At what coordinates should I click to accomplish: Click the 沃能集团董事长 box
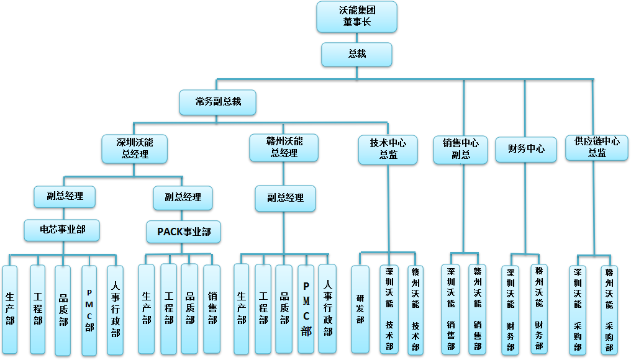coord(356,17)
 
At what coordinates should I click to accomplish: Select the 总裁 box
coord(356,54)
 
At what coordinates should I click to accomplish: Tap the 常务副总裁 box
coord(217,102)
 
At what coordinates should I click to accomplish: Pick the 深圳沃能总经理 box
coord(134,148)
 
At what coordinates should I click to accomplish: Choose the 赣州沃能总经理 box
coord(284,148)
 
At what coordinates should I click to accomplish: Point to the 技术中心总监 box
coord(388,150)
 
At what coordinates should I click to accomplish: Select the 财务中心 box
coord(525,150)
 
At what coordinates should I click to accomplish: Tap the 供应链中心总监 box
coord(596,148)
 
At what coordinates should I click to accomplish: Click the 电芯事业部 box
coord(62,230)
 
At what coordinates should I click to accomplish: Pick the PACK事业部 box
coord(183,232)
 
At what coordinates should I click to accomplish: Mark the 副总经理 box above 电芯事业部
coord(65,196)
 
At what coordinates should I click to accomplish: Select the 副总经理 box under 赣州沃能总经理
coord(285,198)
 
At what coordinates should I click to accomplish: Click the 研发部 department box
coord(360,309)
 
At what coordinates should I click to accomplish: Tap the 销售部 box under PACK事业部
coord(212,309)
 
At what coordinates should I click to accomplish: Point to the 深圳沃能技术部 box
coord(389,309)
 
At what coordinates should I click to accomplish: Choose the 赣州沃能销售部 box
coord(478,309)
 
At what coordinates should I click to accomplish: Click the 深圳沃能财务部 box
coord(510,309)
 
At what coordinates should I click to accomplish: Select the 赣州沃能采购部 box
coord(609,309)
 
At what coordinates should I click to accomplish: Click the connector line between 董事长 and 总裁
coord(356,38)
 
